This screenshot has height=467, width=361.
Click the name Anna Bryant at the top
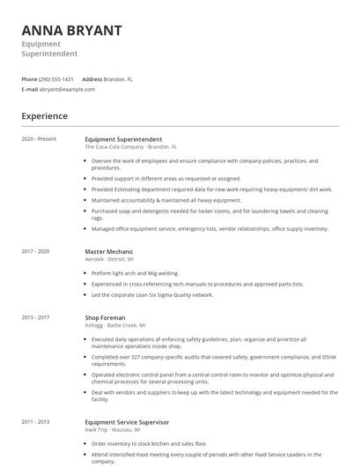(71, 30)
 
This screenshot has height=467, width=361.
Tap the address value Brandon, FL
(118, 78)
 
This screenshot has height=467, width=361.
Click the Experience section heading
(44, 116)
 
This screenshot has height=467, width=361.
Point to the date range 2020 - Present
(39, 139)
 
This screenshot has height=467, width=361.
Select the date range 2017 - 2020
(36, 251)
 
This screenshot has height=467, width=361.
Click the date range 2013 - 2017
(36, 316)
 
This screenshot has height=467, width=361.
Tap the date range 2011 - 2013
(36, 422)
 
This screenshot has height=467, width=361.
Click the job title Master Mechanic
(107, 251)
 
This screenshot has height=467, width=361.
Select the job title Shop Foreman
(104, 316)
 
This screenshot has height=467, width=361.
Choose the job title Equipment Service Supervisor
(127, 422)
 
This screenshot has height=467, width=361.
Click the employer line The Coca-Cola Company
(130, 147)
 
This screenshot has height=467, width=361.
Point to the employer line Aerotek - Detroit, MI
(109, 259)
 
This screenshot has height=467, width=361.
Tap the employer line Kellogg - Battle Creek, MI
(115, 324)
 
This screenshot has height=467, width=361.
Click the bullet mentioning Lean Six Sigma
(152, 294)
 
